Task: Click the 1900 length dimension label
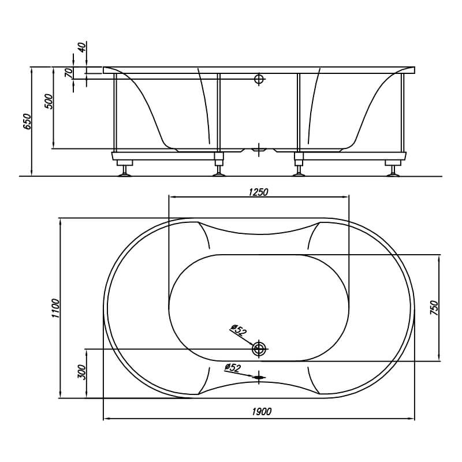pyautogui.click(x=262, y=411)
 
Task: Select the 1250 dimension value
pyautogui.click(x=258, y=192)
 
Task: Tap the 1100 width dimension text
pyautogui.click(x=55, y=308)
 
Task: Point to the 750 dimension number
pyautogui.click(x=435, y=308)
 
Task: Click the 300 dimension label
pyautogui.click(x=81, y=372)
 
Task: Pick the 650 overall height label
pyautogui.click(x=27, y=121)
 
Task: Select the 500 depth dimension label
pyautogui.click(x=49, y=102)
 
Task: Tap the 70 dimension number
pyautogui.click(x=68, y=73)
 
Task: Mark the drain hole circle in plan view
pyautogui.click(x=259, y=349)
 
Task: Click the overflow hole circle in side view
pyautogui.click(x=259, y=79)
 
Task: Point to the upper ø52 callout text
pyautogui.click(x=239, y=330)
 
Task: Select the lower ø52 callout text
pyautogui.click(x=233, y=368)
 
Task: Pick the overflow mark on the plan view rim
pyautogui.click(x=259, y=377)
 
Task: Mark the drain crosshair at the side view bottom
pyautogui.click(x=259, y=150)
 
